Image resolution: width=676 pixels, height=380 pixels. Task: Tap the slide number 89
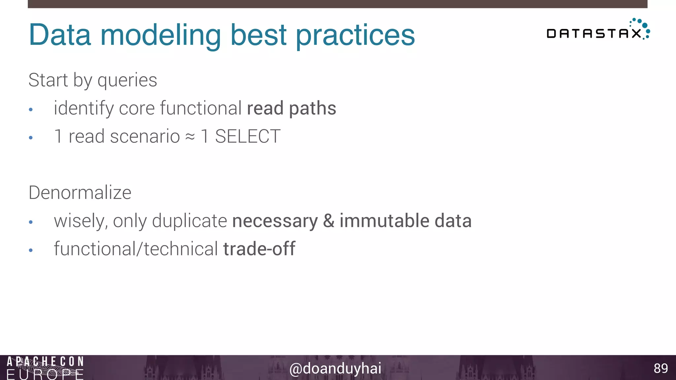click(660, 368)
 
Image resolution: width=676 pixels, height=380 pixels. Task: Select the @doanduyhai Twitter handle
click(335, 368)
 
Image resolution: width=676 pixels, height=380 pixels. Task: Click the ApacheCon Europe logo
click(45, 368)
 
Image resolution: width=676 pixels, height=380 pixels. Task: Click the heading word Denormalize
click(80, 193)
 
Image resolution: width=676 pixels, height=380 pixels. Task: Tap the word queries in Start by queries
click(127, 80)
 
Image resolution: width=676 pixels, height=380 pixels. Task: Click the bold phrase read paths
click(291, 108)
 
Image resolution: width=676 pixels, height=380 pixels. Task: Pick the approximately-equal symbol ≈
click(190, 137)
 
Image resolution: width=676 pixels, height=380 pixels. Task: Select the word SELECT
click(248, 137)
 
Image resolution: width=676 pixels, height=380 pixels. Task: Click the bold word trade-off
click(259, 249)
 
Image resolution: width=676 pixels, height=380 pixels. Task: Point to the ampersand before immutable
click(328, 221)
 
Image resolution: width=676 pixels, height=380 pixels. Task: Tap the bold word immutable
click(384, 221)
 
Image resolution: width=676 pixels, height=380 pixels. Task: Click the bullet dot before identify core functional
click(31, 110)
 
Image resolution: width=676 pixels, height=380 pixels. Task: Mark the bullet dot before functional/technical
click(31, 250)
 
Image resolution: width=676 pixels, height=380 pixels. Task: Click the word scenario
click(145, 137)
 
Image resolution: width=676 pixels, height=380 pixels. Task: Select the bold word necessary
click(275, 221)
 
